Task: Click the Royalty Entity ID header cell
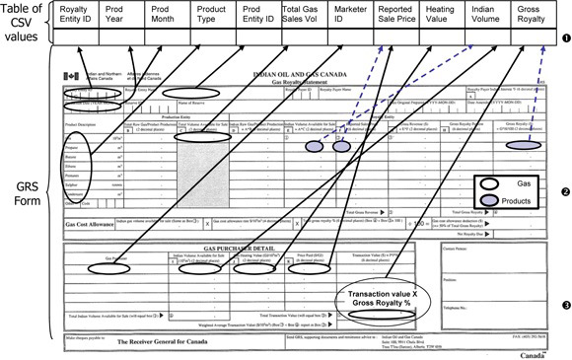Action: pyautogui.click(x=79, y=16)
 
